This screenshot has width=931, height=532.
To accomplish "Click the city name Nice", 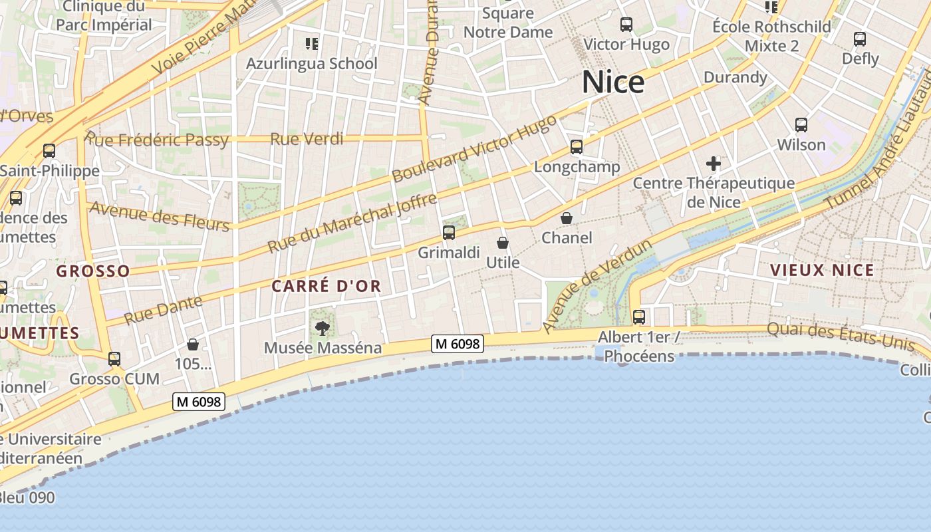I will tap(613, 82).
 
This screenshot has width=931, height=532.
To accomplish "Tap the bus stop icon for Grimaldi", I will tap(449, 233).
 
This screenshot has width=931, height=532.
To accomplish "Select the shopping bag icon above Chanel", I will tap(567, 218).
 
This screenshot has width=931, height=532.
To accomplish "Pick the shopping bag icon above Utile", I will tap(503, 243).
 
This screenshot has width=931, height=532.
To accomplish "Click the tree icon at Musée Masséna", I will tap(323, 328).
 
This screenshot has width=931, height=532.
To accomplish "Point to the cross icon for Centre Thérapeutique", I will tap(714, 163).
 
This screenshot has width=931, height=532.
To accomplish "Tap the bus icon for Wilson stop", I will tap(801, 125).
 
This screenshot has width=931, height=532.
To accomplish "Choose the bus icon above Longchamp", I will tap(577, 147).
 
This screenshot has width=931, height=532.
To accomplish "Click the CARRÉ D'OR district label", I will tap(326, 287).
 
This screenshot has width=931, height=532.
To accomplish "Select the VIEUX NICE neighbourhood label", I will tap(822, 271).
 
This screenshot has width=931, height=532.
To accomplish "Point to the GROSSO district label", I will tap(93, 271).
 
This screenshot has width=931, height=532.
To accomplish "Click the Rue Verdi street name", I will tap(307, 139).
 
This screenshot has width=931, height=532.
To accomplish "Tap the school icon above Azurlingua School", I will tap(312, 44).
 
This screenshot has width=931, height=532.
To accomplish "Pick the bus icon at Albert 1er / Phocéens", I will tap(639, 317).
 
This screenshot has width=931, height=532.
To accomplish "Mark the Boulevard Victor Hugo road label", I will tap(474, 150).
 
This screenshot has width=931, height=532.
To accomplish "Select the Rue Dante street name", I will tap(163, 310).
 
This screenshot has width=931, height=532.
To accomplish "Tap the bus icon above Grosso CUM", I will tap(114, 359).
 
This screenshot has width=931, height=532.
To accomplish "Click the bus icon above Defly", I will tap(860, 39).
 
